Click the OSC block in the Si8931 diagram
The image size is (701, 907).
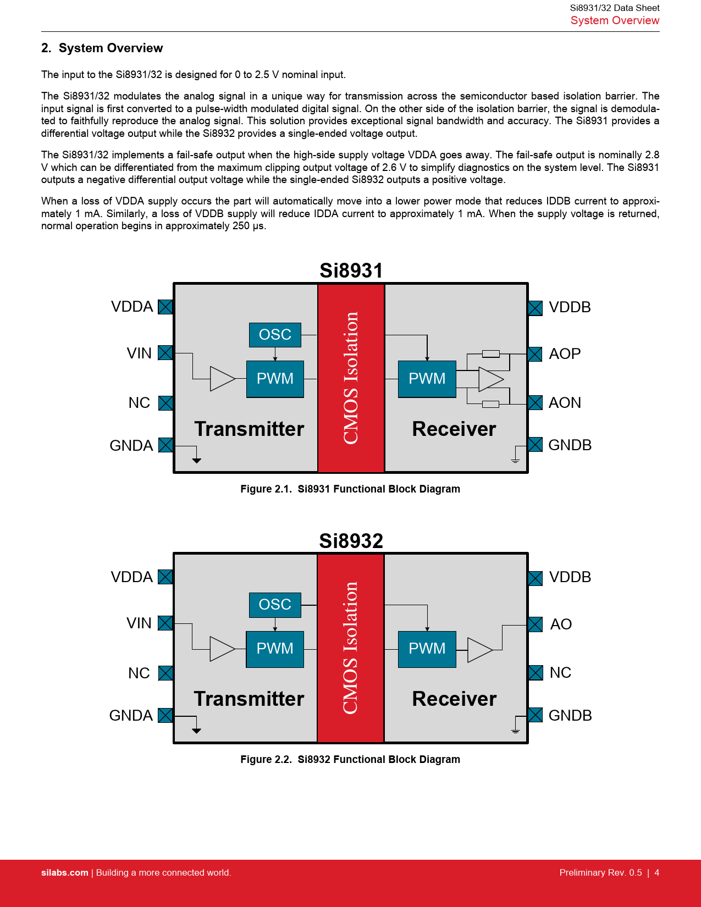pos(275,335)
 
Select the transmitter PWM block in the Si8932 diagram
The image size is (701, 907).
pos(275,649)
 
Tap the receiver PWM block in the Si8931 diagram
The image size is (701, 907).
pos(427,379)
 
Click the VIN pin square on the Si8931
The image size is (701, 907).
pos(165,353)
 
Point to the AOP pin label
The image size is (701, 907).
pos(565,354)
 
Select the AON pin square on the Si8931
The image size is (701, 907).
pos(535,402)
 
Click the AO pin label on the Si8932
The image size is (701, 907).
pos(561,624)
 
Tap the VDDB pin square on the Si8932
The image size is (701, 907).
pos(535,578)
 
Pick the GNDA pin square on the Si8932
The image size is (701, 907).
pos(165,715)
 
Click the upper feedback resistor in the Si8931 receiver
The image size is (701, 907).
pos(490,354)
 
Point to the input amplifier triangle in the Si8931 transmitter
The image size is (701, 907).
pos(222,379)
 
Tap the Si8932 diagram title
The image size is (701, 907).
pos(351,541)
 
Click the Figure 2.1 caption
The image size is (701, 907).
pos(350,489)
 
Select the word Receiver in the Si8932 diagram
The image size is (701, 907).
pos(454,699)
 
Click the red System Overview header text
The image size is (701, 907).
pos(615,21)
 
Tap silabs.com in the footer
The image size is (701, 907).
pos(65,873)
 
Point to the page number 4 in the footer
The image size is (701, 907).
pos(656,873)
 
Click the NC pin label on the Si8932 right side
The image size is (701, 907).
pos(560,673)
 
